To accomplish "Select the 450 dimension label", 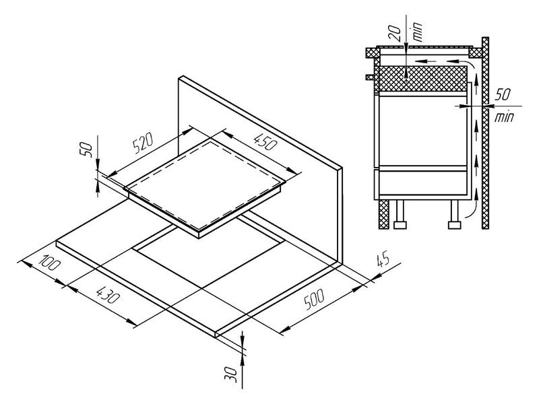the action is pyautogui.click(x=264, y=141).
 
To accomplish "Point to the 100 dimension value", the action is pyautogui.click(x=50, y=263).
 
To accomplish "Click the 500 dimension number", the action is pyautogui.click(x=314, y=300).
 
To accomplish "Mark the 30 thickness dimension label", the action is pyautogui.click(x=230, y=374).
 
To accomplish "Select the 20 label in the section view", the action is pyautogui.click(x=396, y=33).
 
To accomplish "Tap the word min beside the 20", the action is pyautogui.click(x=417, y=32).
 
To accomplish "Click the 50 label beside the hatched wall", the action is pyautogui.click(x=503, y=94).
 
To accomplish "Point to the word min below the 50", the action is pyautogui.click(x=504, y=117).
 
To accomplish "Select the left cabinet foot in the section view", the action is pyautogui.click(x=400, y=215).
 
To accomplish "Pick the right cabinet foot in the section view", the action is pyautogui.click(x=454, y=215).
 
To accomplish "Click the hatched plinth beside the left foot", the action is pyautogui.click(x=383, y=215).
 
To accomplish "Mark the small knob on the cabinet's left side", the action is pyautogui.click(x=369, y=77).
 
